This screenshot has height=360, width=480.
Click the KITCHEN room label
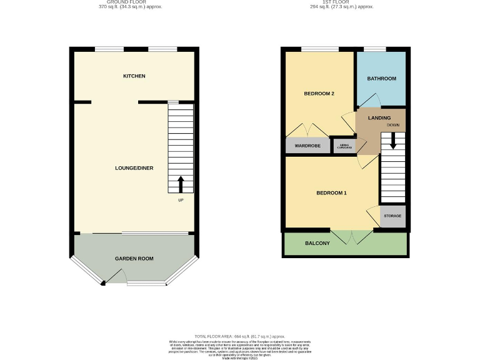[x=134, y=76]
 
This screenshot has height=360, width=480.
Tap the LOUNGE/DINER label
[x=134, y=168]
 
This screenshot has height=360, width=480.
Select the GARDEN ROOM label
[x=134, y=258]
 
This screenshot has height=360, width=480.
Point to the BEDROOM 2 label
[x=319, y=94]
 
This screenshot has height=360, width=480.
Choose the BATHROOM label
[x=381, y=79]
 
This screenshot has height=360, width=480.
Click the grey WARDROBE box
[x=307, y=146]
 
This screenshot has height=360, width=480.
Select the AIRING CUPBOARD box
[x=344, y=146]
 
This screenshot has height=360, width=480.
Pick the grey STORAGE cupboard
[x=392, y=216]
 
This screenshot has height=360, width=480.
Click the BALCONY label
[x=317, y=243]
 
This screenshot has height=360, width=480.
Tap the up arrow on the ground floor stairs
[x=181, y=184]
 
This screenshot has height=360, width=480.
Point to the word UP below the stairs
[x=181, y=201]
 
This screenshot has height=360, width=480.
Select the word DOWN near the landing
[x=392, y=125]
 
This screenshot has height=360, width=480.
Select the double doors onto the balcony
[x=349, y=236]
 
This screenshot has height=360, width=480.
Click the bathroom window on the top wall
[x=374, y=49]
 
